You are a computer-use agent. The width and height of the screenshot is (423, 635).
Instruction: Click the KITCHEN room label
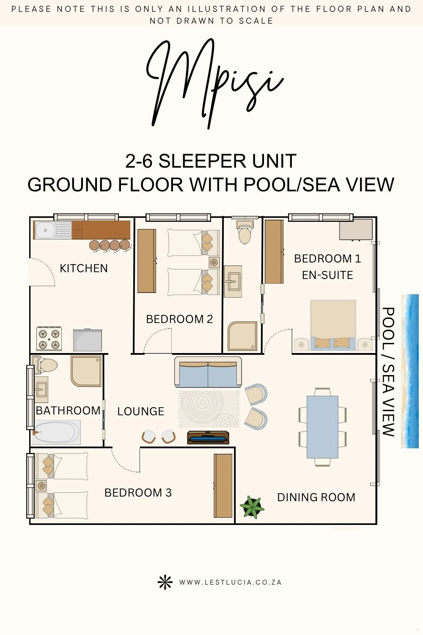(84, 268)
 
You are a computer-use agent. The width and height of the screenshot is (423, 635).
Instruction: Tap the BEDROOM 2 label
(179, 319)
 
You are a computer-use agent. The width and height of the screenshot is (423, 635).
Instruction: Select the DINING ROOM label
(316, 497)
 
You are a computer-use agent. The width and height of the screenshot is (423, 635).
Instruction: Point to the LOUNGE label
(141, 411)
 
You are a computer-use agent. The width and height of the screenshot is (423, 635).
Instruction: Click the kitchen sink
(52, 230)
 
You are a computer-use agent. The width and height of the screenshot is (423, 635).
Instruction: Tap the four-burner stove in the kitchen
(49, 339)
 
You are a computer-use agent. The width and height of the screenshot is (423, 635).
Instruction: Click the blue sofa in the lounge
(208, 372)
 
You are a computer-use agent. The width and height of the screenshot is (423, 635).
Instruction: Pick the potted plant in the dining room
(252, 507)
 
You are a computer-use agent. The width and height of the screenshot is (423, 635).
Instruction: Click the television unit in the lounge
(208, 437)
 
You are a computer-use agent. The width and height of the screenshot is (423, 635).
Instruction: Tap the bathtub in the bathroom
(57, 432)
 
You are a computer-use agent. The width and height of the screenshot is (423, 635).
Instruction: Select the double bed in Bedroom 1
(333, 326)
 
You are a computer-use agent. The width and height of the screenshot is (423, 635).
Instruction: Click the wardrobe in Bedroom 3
(223, 486)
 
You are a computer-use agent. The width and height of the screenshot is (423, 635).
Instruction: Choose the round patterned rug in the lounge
(209, 409)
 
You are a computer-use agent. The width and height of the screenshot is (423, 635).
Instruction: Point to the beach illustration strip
(410, 371)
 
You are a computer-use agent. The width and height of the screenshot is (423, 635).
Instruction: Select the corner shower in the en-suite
(242, 336)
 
